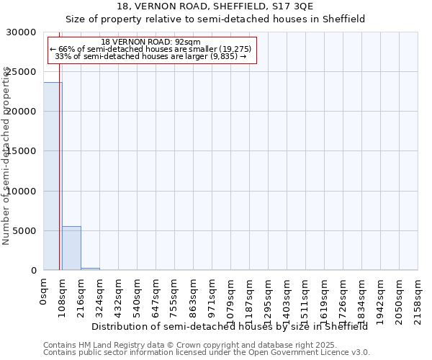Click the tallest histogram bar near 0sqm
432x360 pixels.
53,176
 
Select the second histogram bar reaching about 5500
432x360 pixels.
71,248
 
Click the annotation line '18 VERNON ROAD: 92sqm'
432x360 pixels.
151,42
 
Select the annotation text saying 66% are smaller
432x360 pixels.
151,49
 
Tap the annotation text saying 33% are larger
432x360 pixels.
151,56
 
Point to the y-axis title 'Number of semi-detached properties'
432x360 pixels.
6,156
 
